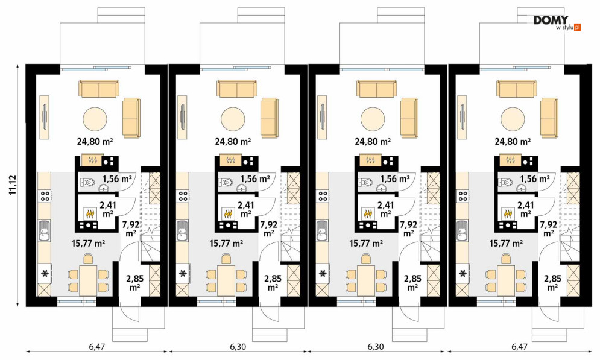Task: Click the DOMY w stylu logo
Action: (x=557, y=22)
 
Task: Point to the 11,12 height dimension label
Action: (x=12, y=186)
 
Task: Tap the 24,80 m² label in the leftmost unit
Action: (x=95, y=142)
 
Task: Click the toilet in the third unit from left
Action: (x=365, y=183)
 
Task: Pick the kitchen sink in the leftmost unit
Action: (x=45, y=230)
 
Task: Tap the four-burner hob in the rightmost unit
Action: (x=464, y=196)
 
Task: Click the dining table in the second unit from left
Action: (x=227, y=280)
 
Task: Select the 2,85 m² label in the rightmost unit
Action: (x=552, y=283)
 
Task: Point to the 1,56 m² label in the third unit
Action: (x=395, y=178)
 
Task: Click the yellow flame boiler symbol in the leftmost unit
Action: (x=90, y=213)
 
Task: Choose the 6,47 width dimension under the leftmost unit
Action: (x=97, y=347)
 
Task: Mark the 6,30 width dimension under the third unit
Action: (x=376, y=347)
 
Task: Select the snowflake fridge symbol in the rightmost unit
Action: (x=463, y=274)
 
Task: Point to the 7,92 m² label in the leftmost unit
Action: (x=131, y=228)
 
